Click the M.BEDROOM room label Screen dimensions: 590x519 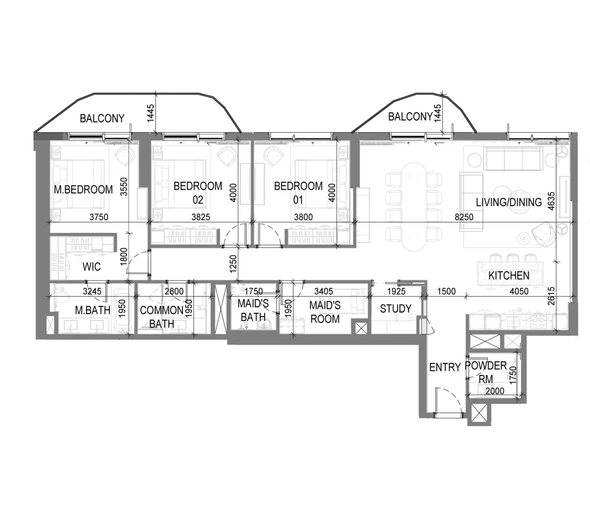pos(83,189)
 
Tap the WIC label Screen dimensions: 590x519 pos(91,267)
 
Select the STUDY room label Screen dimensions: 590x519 pos(395,309)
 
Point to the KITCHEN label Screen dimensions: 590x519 pos(509,275)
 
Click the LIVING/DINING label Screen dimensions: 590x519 pos(509,202)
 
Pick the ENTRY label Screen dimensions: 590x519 pos(445,367)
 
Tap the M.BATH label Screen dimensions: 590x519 pos(93,310)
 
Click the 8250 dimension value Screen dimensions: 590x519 pos(464,217)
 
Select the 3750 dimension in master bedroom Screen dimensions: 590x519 pos(99,217)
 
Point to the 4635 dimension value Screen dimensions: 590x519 pos(551,201)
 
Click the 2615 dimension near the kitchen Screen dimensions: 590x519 pos(551,296)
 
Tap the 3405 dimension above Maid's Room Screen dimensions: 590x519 pos(324,291)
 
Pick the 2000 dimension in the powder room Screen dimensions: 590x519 pos(495,391)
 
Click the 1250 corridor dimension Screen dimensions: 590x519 pos(233,264)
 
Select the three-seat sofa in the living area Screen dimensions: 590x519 pos(513,159)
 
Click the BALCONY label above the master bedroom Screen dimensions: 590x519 pos(102,118)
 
